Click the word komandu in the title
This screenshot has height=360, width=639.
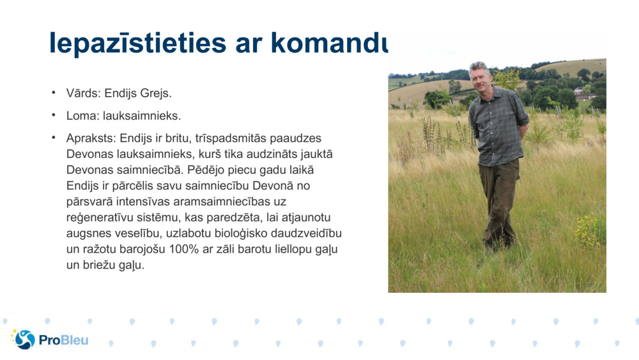click(329, 42)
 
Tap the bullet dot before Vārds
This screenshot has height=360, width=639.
click(54, 93)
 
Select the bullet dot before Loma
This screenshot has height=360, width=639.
click(54, 115)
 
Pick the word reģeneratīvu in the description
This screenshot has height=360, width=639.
click(95, 217)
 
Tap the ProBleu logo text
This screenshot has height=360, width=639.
click(63, 340)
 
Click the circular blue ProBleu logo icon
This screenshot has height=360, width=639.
click(24, 340)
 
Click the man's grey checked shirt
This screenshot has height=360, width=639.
click(498, 125)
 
